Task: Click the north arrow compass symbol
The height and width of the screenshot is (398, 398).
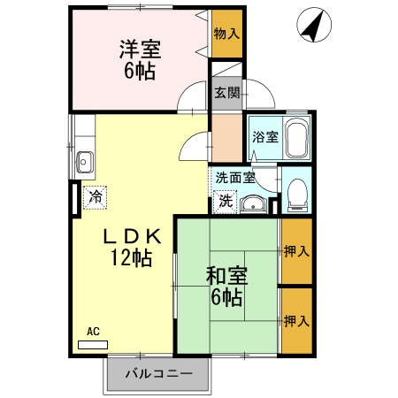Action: [312, 24]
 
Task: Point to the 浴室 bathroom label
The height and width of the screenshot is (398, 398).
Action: [264, 137]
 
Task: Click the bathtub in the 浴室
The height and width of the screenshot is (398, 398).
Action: [296, 138]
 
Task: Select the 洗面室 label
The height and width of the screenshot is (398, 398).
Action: [235, 177]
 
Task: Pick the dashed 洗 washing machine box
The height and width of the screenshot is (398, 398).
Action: [226, 201]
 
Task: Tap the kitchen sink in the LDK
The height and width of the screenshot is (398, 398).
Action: [86, 161]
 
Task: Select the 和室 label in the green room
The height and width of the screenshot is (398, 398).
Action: [227, 276]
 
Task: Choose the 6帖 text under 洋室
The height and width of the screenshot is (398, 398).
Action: [140, 71]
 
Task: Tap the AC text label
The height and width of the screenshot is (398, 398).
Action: [93, 332]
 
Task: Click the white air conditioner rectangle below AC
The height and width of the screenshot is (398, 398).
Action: [93, 342]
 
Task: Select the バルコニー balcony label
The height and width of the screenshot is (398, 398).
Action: [158, 375]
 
